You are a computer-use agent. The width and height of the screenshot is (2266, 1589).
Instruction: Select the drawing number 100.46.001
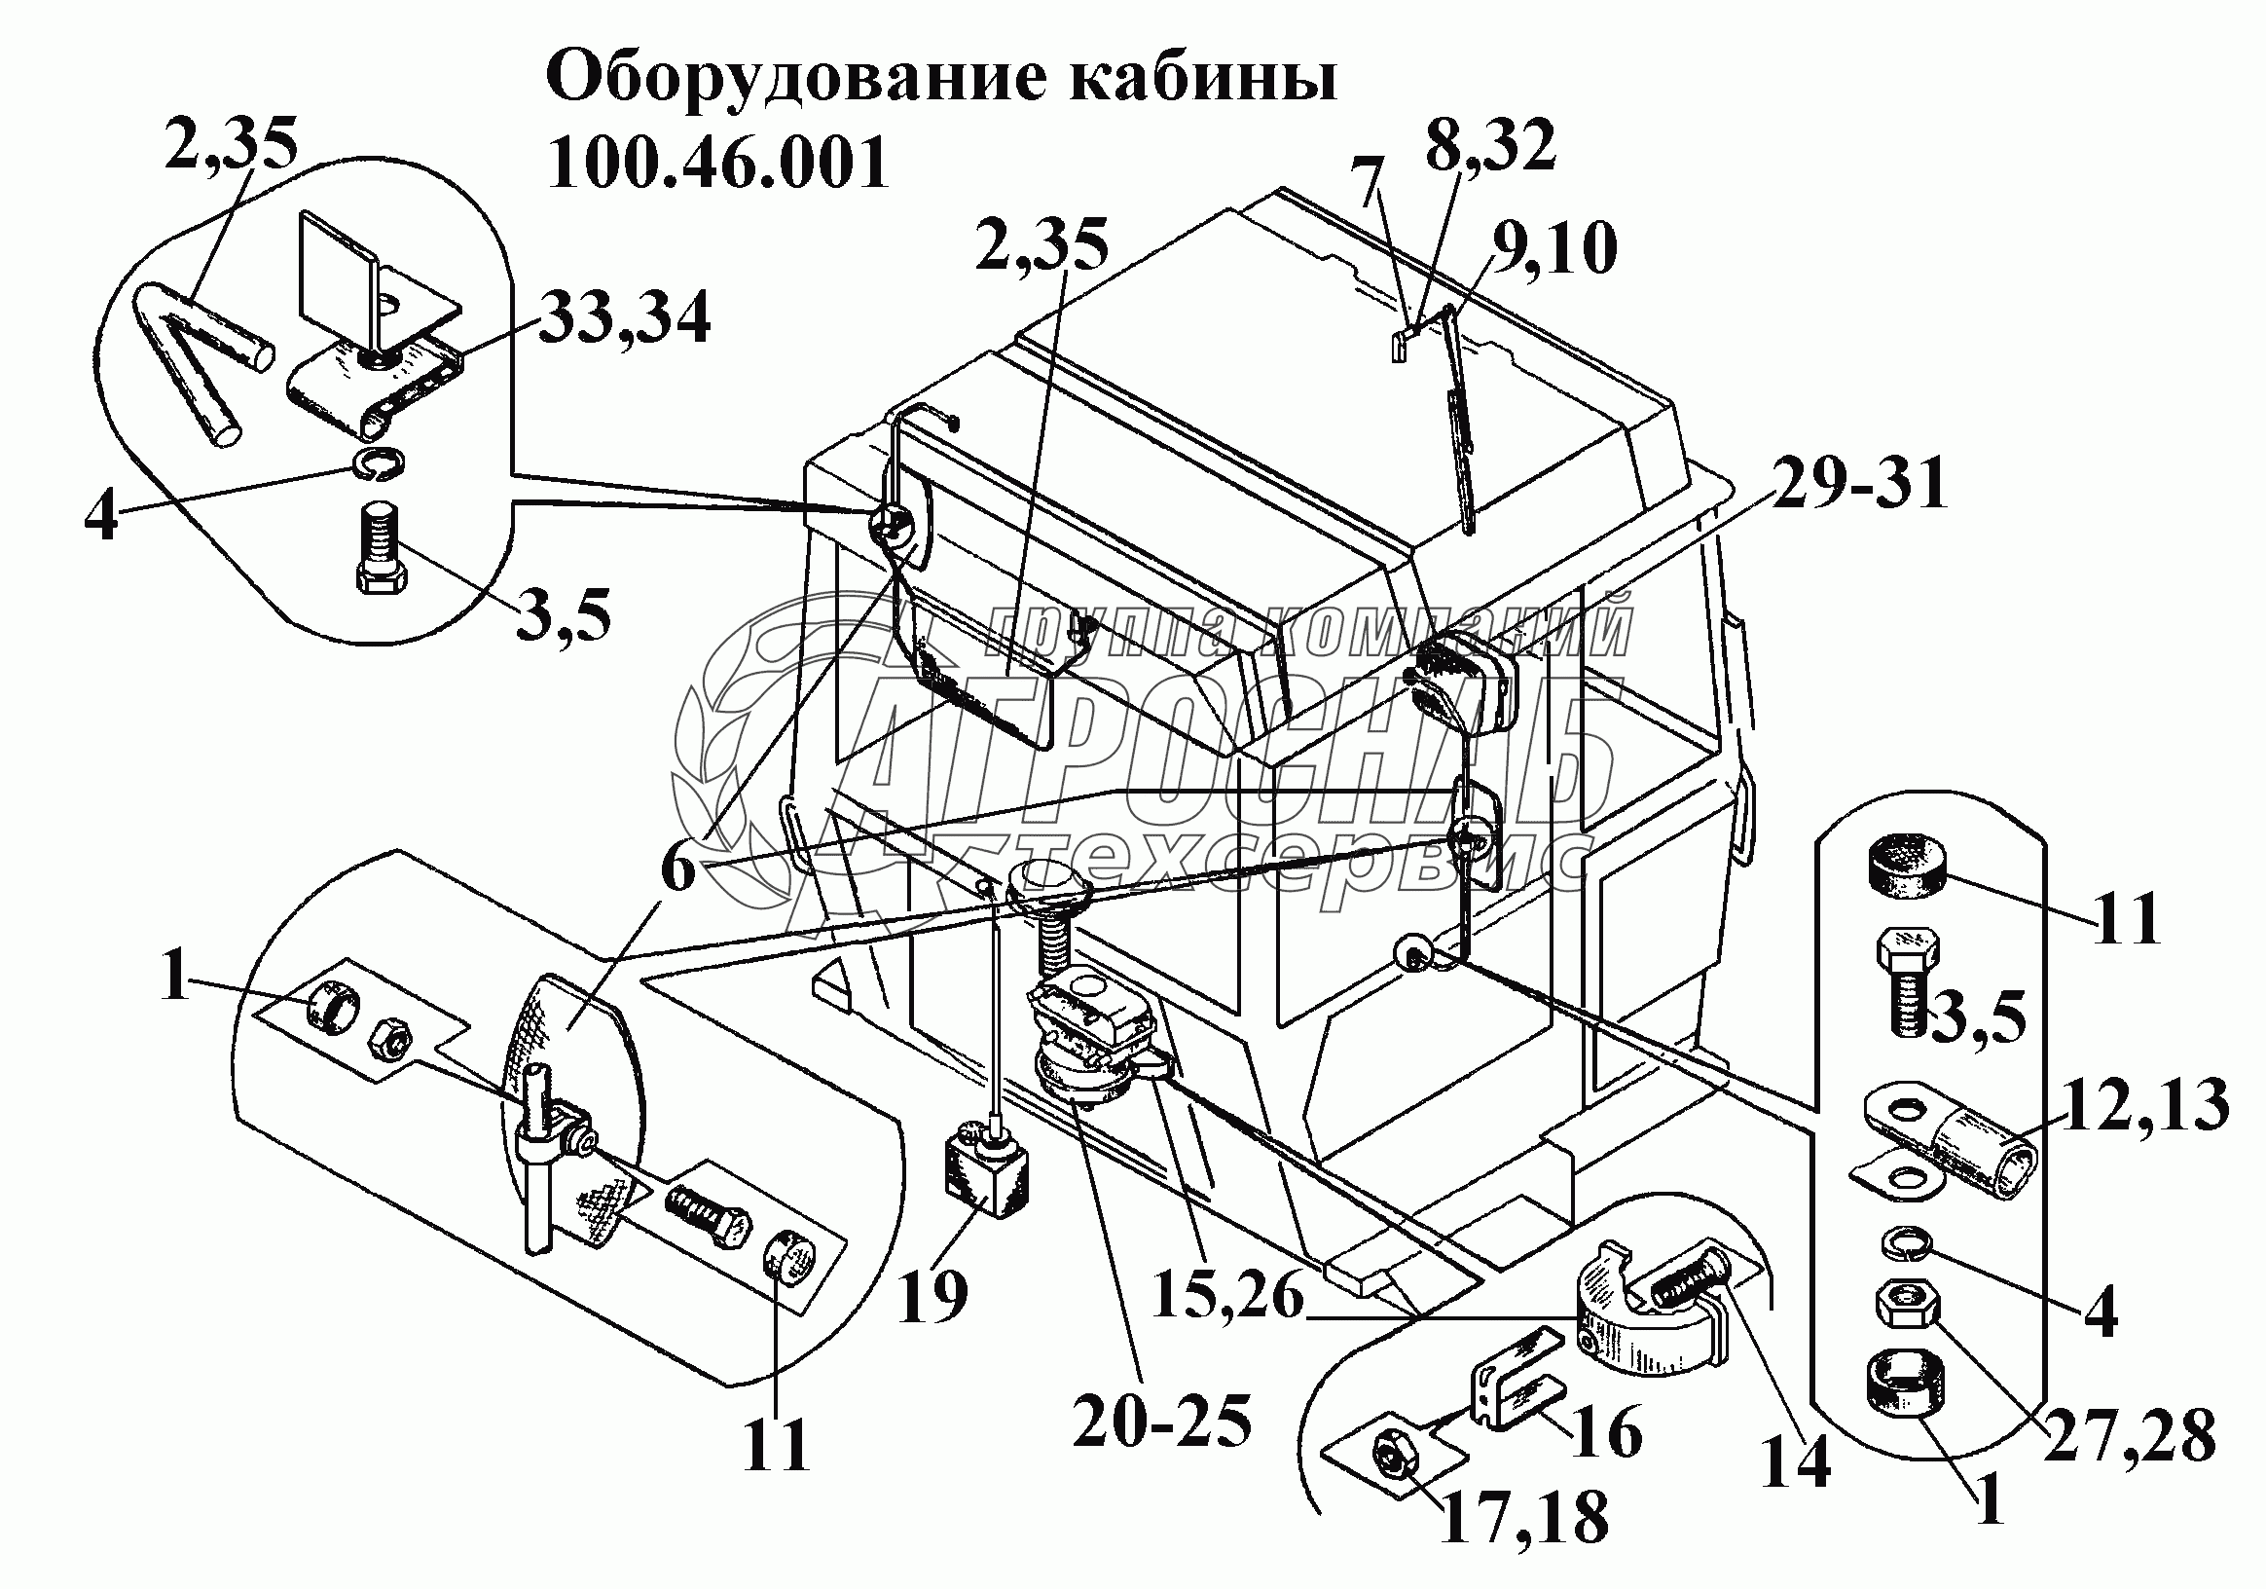[717, 164]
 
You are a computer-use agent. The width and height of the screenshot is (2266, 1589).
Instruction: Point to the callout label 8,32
[1490, 147]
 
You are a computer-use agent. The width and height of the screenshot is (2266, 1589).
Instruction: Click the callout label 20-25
[1161, 1423]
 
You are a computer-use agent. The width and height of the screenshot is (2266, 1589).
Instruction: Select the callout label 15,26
[1226, 1295]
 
